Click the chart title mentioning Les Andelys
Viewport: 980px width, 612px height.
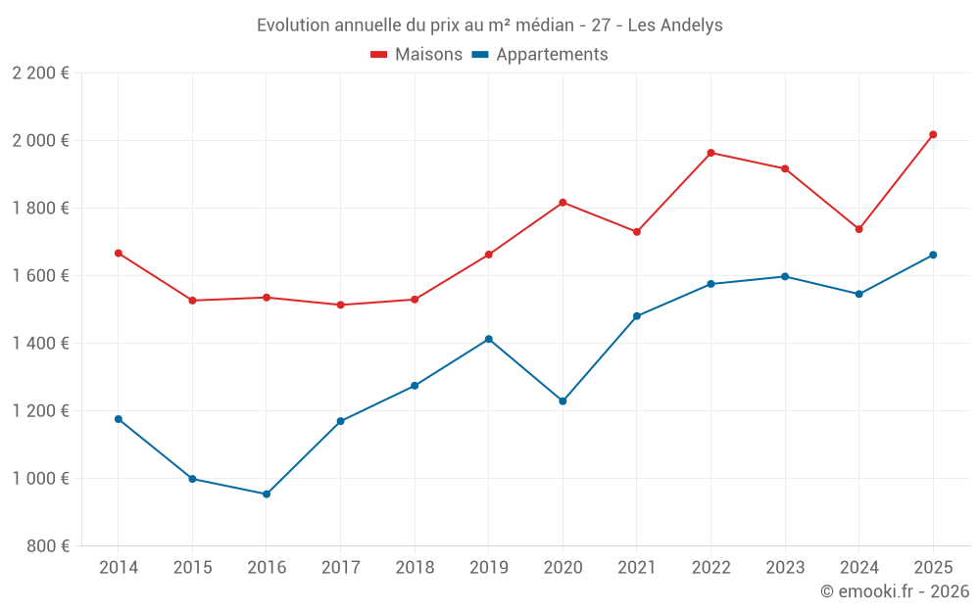[489, 24]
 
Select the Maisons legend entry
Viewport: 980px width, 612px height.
[416, 55]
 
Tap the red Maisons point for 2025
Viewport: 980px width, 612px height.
[933, 134]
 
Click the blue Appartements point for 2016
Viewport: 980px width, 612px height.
[266, 494]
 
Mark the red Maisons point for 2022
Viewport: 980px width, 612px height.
[710, 153]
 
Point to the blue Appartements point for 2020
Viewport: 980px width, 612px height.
[563, 401]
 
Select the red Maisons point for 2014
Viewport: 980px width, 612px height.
[118, 253]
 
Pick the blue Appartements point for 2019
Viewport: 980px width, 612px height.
[488, 339]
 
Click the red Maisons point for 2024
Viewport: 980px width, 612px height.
[858, 229]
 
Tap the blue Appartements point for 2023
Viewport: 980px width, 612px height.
[785, 276]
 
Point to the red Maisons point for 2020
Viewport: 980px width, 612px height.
[563, 203]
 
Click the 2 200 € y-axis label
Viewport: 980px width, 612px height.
[40, 73]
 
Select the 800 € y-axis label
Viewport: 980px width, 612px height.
[46, 546]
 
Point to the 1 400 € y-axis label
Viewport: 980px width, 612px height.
[40, 344]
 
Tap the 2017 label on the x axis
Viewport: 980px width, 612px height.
[340, 568]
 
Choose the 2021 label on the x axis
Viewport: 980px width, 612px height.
[637, 568]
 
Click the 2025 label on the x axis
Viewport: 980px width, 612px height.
[933, 568]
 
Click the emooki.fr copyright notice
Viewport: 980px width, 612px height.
[894, 591]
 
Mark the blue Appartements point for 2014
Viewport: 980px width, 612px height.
[118, 419]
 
